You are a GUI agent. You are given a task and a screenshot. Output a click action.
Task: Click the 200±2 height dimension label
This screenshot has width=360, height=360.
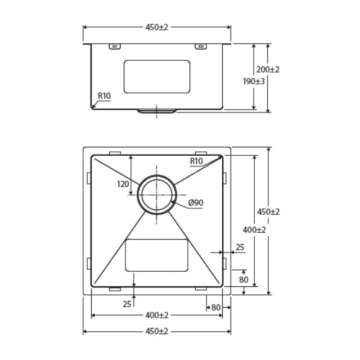[x=268, y=70]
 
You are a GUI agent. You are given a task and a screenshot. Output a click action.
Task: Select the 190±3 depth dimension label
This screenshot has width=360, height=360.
[x=254, y=81]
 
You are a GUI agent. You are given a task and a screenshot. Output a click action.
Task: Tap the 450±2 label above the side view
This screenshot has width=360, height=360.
[x=157, y=27]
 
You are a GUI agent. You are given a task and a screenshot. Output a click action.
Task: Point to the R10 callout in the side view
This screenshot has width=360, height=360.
[x=104, y=96]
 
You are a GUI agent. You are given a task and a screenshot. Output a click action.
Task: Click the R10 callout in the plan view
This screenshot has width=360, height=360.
[x=196, y=161]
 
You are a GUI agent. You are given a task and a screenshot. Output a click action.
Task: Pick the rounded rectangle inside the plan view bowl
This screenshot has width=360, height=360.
[x=156, y=255]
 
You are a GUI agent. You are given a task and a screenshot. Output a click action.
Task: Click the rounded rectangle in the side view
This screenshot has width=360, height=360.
[x=156, y=76]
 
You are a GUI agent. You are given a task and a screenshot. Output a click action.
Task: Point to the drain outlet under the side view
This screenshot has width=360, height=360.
[x=157, y=111]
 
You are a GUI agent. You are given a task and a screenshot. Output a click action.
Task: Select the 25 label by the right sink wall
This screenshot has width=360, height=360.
[x=240, y=247]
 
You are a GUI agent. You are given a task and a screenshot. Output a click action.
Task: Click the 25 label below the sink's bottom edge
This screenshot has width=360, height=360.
[x=127, y=304]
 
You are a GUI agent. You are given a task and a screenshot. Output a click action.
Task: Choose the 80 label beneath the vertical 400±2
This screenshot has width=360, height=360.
[x=243, y=280]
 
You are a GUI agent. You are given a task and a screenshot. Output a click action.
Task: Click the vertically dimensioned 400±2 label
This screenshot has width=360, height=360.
[x=255, y=230]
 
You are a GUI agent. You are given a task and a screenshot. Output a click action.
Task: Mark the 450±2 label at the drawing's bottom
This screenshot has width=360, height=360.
[x=157, y=332]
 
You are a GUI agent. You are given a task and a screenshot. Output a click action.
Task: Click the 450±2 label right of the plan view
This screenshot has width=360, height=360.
[x=269, y=212]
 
